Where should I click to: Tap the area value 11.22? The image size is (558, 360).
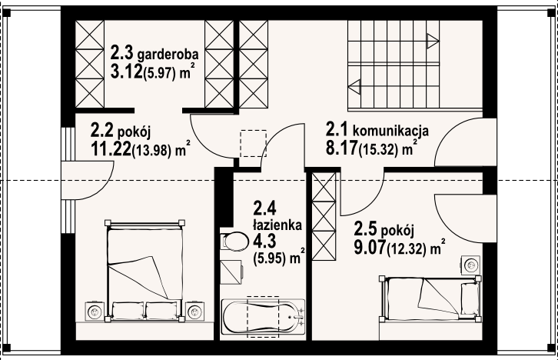pyautogui.click(x=111, y=147)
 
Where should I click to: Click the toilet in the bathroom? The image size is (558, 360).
pyautogui.click(x=231, y=241)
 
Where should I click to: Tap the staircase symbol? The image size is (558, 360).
pyautogui.click(x=392, y=65)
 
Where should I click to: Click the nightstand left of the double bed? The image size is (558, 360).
pyautogui.click(x=95, y=310)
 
